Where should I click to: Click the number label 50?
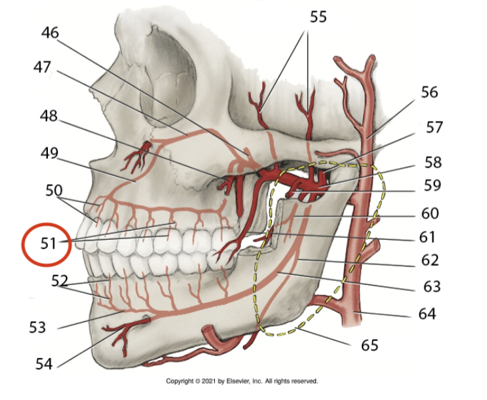click(x=54, y=191)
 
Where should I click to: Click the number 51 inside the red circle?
click(x=49, y=243)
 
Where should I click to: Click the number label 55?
click(x=318, y=17)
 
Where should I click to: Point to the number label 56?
click(x=430, y=92)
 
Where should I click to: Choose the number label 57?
click(x=434, y=127)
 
